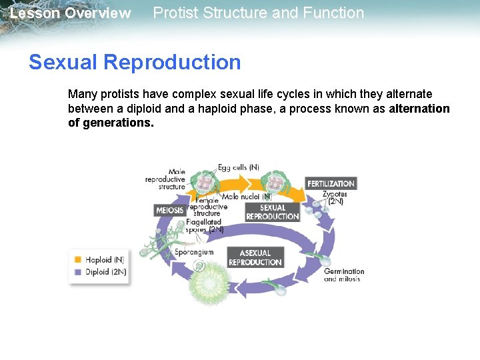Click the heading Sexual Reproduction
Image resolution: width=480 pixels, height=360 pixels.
point(135,62)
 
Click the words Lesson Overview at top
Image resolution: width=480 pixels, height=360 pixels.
point(71,13)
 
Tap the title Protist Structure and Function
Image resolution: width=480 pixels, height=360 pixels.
point(259,13)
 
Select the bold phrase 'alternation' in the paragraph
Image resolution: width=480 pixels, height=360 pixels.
point(419,109)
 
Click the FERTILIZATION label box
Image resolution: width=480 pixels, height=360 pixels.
point(331,183)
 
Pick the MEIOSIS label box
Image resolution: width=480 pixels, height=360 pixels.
point(169,210)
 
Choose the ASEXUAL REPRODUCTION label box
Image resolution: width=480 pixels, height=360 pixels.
point(255,257)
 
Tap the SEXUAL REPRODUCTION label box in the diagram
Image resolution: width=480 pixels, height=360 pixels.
point(273,212)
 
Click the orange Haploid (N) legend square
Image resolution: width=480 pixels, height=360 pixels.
point(78,259)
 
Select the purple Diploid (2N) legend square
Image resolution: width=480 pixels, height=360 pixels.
point(78,271)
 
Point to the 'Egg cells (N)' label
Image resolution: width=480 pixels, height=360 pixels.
point(239,168)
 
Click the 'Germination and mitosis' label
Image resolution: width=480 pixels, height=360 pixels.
point(344,275)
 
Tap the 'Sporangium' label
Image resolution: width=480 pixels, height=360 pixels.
point(194,252)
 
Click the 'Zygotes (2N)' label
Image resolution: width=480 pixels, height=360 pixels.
point(334,197)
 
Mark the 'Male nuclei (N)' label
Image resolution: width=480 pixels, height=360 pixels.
point(247,197)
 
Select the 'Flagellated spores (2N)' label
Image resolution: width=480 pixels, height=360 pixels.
point(205,225)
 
